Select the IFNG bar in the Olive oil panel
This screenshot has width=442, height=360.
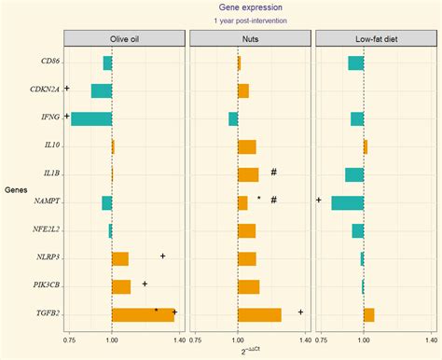click(x=91, y=118)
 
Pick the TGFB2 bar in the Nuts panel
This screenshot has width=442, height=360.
click(x=259, y=315)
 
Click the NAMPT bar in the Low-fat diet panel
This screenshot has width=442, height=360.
click(x=347, y=203)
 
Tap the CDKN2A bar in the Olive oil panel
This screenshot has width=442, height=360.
click(x=102, y=90)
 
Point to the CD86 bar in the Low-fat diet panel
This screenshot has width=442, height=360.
click(x=355, y=62)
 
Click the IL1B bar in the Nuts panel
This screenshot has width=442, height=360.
click(x=248, y=174)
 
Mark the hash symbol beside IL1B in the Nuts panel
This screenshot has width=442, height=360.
click(x=274, y=172)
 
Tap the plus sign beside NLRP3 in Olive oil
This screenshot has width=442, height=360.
click(x=162, y=256)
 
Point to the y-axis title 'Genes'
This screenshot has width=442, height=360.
click(x=16, y=190)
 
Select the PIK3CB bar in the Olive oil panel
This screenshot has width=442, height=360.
click(x=121, y=287)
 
